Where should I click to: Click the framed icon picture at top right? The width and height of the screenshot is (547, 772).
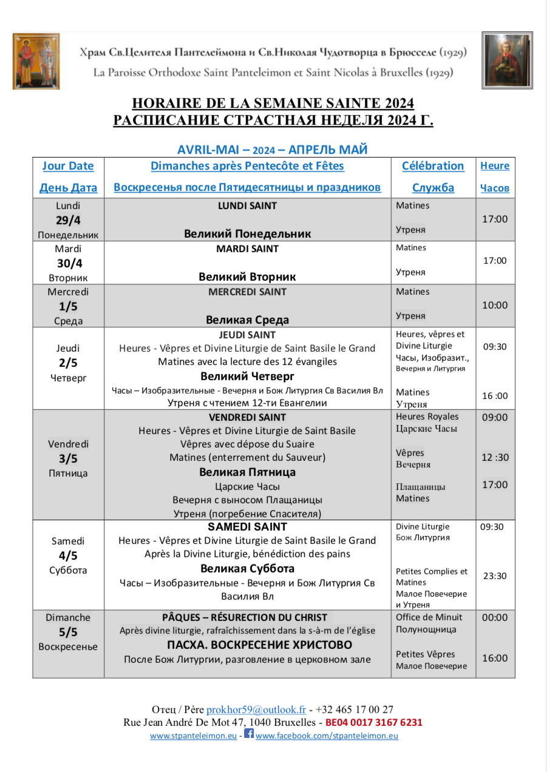pos(507,60)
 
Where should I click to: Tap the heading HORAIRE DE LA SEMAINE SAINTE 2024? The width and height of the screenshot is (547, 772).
pos(273,103)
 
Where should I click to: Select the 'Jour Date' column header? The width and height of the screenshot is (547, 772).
pos(68,166)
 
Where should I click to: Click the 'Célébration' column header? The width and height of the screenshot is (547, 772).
pos(433,166)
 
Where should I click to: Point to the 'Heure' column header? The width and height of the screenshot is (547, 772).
pos(495,166)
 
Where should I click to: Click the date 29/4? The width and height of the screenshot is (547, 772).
pos(69,220)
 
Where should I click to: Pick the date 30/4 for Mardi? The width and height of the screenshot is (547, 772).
pos(69,263)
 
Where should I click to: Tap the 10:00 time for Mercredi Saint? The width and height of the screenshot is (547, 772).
pos(495,306)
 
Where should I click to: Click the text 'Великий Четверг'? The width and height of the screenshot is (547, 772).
pos(247,376)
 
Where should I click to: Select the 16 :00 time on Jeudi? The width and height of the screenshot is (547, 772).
pos(495,396)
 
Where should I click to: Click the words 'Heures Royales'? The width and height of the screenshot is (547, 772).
pos(427,417)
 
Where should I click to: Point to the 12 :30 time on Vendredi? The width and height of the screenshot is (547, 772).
pos(495,457)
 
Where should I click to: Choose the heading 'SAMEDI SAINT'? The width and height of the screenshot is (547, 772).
pos(247,527)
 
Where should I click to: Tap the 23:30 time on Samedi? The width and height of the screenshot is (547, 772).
pos(495,576)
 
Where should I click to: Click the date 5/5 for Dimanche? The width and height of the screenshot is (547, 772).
pos(68,632)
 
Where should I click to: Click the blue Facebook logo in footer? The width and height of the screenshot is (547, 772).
pos(249,734)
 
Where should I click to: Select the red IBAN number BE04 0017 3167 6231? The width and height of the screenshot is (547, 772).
pos(374,723)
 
